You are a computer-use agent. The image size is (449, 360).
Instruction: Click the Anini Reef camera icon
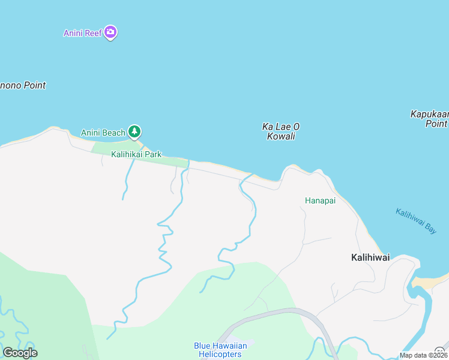coord(110,32)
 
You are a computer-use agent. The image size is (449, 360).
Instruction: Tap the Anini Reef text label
coord(83,33)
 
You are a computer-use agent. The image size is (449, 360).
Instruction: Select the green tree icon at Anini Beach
coord(135,131)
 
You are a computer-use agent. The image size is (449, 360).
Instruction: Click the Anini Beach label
coord(103,133)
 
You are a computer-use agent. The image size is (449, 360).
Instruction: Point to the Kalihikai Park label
coord(136,154)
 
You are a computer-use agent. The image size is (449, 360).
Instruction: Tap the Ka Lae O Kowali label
coord(281,131)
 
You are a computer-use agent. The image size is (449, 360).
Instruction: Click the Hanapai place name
coord(320,201)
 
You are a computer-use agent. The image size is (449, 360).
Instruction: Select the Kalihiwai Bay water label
coord(416,220)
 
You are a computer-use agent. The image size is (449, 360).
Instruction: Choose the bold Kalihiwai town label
coord(370,257)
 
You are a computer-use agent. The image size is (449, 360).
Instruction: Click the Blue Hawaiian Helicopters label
coord(220,350)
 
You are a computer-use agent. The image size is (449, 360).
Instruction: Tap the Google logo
coord(20,353)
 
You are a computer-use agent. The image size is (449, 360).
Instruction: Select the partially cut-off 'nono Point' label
coord(23,85)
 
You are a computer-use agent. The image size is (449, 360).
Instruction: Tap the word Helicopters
coord(220,354)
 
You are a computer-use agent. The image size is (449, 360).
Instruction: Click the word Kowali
coord(281,136)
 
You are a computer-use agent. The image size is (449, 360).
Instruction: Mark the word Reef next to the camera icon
coord(93,33)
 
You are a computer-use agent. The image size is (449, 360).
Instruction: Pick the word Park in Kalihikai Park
coord(152,154)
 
